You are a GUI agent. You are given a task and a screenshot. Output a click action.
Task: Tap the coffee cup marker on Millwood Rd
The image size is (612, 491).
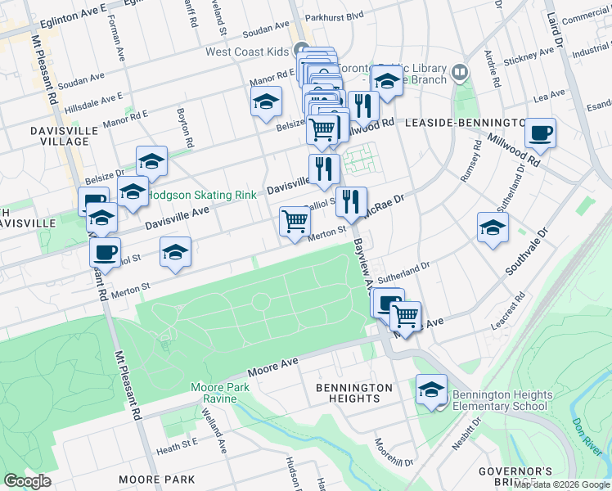[540, 133]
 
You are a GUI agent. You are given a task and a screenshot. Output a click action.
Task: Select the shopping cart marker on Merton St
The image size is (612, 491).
[295, 220]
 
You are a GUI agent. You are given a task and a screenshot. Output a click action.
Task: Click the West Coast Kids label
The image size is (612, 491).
[247, 52]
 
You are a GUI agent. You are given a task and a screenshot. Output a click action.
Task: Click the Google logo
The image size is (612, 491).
[28, 480]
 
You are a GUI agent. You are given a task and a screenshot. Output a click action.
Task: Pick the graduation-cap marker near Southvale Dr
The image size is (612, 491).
[493, 227]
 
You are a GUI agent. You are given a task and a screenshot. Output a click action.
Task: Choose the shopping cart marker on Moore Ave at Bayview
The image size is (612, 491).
[405, 315]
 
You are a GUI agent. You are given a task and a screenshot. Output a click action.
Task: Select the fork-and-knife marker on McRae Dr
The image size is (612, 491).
[351, 201]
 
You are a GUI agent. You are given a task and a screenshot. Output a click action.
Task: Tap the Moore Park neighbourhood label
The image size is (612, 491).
[156, 479]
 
